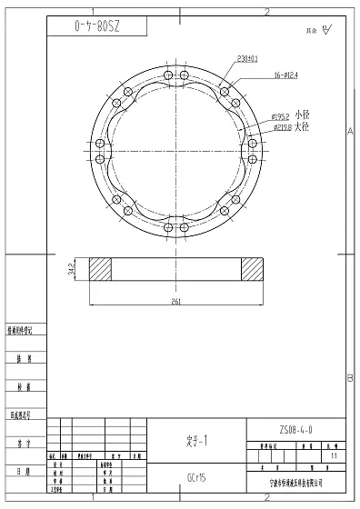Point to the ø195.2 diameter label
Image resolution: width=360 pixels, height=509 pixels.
[x=280, y=116]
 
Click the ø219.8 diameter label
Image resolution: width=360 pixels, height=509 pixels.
[x=280, y=127]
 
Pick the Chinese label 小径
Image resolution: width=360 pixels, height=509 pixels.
[x=303, y=115]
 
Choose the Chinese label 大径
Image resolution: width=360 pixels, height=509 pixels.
[x=303, y=127]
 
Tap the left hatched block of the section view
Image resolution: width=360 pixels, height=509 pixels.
[x=100, y=268]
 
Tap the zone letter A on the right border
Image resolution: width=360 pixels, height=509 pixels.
[x=350, y=132]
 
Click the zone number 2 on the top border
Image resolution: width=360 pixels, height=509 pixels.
[x=267, y=11]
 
